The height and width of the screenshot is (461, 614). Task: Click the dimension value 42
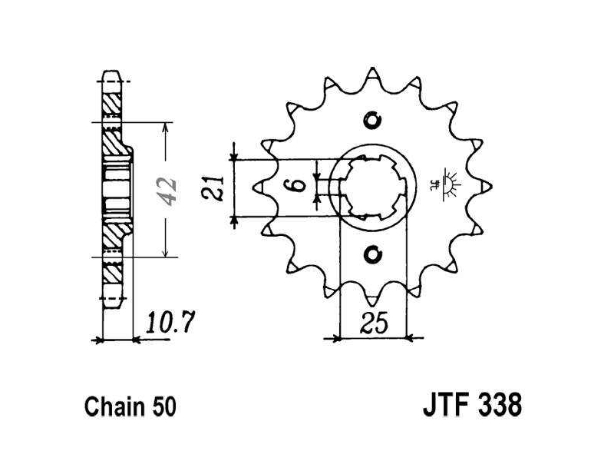(x=166, y=191)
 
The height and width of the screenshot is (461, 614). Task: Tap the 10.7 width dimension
(x=170, y=323)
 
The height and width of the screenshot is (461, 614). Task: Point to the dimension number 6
(x=299, y=184)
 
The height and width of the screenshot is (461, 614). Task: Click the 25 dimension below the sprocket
(x=374, y=323)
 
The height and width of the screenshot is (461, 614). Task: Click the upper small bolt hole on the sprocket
(x=372, y=121)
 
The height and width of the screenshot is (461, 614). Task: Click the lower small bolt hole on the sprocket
(x=372, y=254)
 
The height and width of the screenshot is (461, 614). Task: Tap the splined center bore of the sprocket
(x=372, y=187)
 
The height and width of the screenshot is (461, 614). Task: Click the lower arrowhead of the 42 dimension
(x=166, y=252)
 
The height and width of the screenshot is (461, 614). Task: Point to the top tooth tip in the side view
(x=112, y=72)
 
